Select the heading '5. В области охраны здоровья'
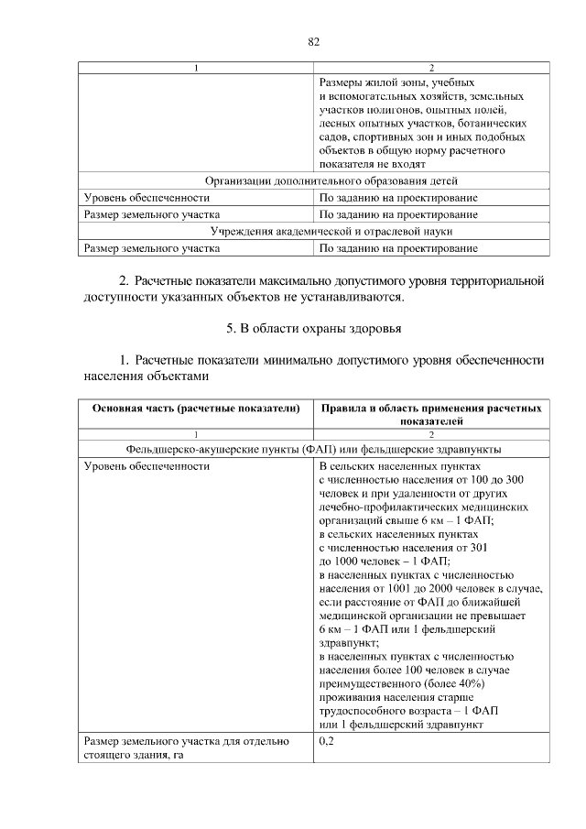(313, 328)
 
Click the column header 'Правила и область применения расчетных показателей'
(431, 414)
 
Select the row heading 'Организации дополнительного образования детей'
(313, 180)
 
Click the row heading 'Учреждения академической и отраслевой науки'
(313, 231)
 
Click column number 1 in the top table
(196, 68)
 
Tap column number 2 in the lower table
(431, 433)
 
